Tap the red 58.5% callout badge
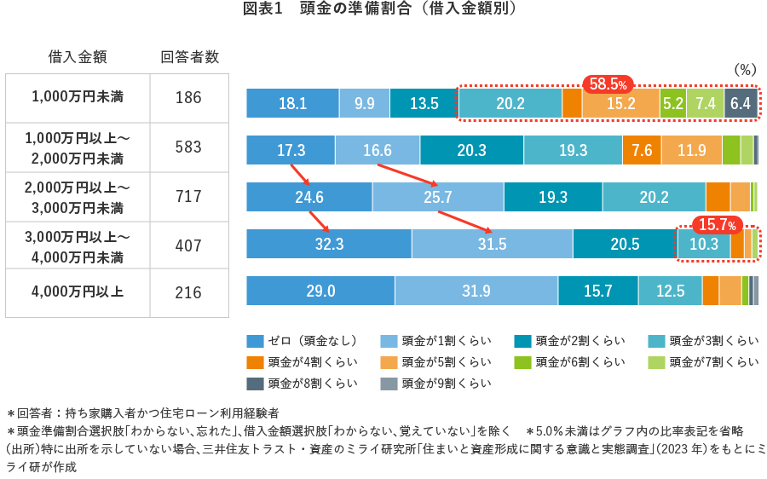(608, 84)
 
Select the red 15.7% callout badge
(718, 225)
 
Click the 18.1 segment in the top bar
(292, 103)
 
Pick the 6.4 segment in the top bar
(740, 103)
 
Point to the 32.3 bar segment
(328, 244)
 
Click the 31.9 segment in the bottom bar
(476, 291)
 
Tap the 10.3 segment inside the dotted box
(703, 244)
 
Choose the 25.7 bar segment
(437, 197)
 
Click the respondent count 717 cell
(188, 197)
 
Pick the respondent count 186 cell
(188, 98)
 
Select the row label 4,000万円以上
(78, 291)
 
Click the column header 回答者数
(189, 57)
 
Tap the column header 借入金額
(78, 57)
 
